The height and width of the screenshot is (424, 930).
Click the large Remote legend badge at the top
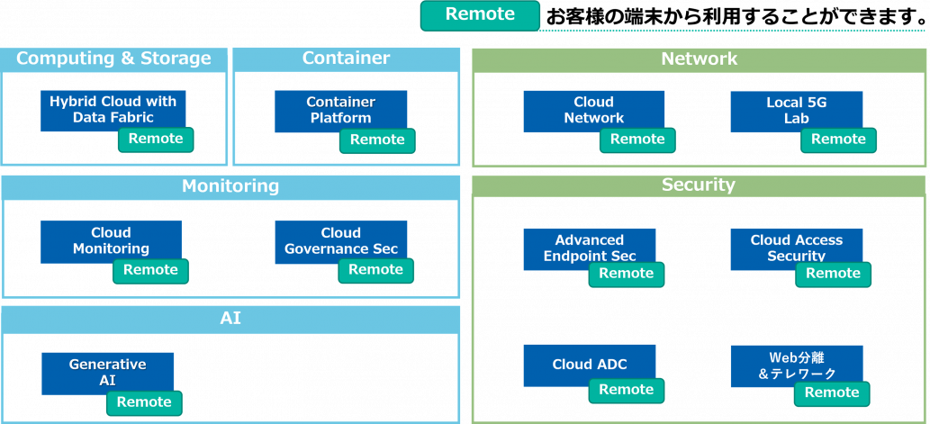(x=480, y=15)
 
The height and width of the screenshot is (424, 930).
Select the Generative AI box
(x=107, y=370)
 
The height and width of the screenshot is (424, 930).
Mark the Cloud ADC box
(x=589, y=365)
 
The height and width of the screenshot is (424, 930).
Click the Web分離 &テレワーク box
(x=796, y=363)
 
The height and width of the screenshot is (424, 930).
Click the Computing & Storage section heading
(x=113, y=59)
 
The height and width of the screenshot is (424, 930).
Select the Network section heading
(x=699, y=59)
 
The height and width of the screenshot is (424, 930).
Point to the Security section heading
(x=699, y=185)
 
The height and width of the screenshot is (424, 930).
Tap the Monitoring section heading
(x=230, y=186)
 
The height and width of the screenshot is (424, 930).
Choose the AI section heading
(x=230, y=318)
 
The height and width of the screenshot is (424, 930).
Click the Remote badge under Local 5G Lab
(x=838, y=140)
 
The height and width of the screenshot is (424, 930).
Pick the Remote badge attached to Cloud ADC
(x=626, y=390)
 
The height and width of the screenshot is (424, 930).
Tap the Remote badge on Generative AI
(x=144, y=402)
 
